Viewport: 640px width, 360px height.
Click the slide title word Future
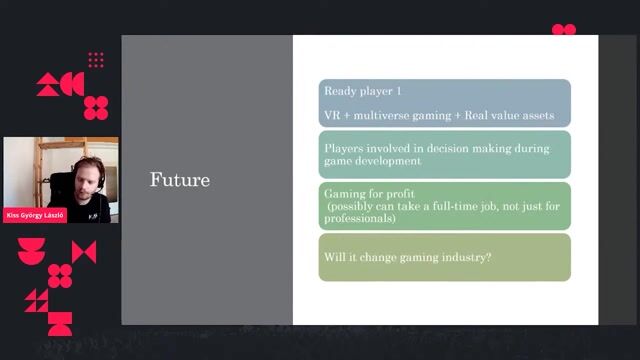tap(180, 180)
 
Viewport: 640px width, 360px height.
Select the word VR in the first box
tap(331, 116)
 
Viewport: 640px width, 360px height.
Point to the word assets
tap(537, 116)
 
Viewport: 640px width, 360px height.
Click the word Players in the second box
tap(344, 147)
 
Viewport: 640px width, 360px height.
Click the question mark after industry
tap(490, 258)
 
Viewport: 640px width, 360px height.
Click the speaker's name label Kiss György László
tap(35, 215)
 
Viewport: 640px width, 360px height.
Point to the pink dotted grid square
tap(96, 60)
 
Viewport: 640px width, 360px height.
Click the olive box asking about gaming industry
tap(444, 258)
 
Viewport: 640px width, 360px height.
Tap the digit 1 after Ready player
tap(398, 91)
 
